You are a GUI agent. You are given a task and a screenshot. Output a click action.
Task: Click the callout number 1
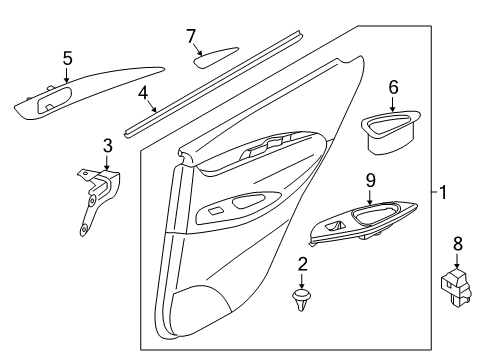click(x=442, y=192)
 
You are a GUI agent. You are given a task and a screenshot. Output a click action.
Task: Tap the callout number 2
click(x=302, y=264)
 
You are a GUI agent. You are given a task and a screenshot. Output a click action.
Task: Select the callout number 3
click(x=107, y=146)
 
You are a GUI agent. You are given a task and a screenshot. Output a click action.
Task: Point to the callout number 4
click(x=143, y=93)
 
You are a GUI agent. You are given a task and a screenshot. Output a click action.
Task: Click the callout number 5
click(x=67, y=58)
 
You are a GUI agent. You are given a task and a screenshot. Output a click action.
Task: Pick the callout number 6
click(x=393, y=87)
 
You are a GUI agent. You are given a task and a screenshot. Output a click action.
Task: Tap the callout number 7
click(x=190, y=36)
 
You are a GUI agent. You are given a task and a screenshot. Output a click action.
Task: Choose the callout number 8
click(x=458, y=243)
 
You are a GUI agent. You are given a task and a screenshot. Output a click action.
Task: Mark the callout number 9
click(x=370, y=180)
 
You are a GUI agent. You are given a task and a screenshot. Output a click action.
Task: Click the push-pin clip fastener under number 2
click(x=301, y=299)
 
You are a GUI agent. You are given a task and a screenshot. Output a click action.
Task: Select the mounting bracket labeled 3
click(x=98, y=201)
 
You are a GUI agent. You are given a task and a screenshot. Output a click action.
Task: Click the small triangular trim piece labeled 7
click(x=215, y=57)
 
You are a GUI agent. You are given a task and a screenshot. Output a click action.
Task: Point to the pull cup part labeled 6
click(x=390, y=132)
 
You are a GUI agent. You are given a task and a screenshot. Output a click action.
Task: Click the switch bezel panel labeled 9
click(x=363, y=223)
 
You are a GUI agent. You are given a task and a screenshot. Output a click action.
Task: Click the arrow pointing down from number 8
click(x=457, y=260)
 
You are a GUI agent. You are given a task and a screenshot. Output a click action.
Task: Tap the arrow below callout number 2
click(x=302, y=281)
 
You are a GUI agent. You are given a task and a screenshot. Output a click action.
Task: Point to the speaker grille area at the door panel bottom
click(x=200, y=302)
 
